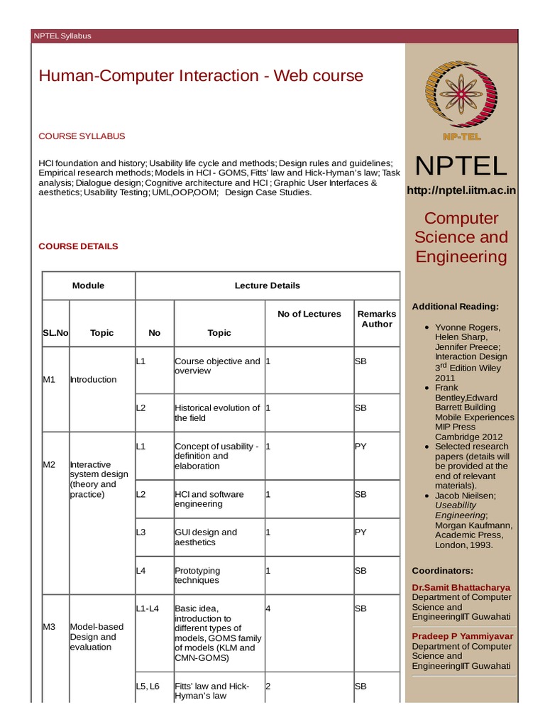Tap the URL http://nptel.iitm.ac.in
(461, 190)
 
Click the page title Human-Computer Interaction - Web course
(201, 76)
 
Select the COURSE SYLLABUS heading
(82, 136)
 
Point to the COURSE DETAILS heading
(78, 246)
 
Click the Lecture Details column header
(267, 285)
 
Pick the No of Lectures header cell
(309, 314)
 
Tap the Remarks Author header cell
(377, 319)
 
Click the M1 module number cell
(49, 379)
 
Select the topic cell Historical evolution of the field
(217, 412)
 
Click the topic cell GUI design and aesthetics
(206, 537)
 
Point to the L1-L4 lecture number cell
(148, 608)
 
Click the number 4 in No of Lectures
(268, 608)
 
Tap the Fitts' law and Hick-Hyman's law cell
(211, 691)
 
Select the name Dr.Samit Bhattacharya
(461, 587)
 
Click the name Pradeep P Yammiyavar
(463, 636)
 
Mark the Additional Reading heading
(455, 306)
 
